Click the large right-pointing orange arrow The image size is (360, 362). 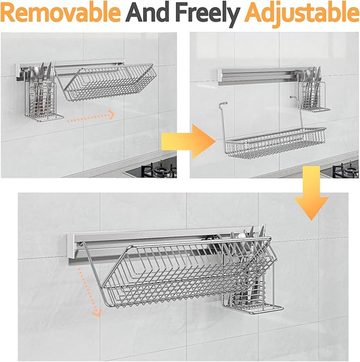[x=189, y=141]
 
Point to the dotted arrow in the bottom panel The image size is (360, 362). [x=88, y=291]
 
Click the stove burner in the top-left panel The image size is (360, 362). [x=159, y=170]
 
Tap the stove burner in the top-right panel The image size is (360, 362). [x=346, y=171]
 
